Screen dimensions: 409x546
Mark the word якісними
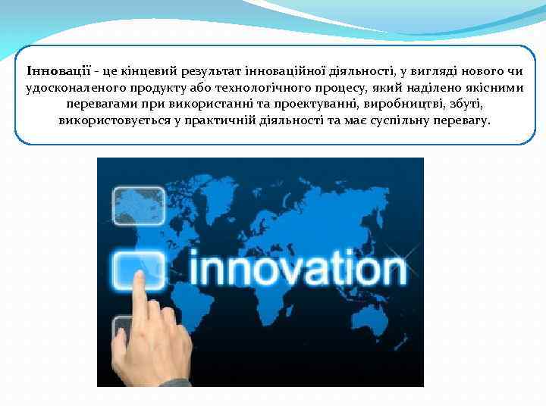coord(496,88)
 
